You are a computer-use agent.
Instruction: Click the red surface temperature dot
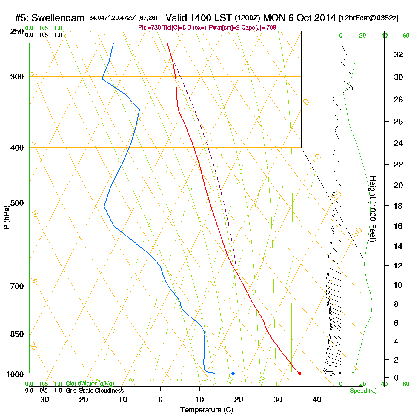point(299,373)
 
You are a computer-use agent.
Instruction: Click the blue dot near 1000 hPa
point(233,373)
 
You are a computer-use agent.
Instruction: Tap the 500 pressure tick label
point(17,203)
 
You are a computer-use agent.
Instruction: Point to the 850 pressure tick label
point(17,334)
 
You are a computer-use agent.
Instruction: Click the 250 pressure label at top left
point(17,32)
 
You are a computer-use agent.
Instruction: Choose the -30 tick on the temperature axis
point(43,399)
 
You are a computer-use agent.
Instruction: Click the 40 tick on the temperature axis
point(317,399)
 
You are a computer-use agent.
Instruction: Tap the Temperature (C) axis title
point(207,410)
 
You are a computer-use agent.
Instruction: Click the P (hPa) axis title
point(7,217)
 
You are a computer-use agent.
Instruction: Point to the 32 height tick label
point(398,55)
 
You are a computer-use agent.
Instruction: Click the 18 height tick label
point(398,206)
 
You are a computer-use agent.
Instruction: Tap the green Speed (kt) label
point(363,391)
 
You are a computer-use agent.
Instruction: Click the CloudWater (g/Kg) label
point(90,384)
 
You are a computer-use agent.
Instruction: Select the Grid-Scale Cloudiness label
point(95,391)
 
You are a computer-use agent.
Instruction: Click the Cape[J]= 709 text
point(262,28)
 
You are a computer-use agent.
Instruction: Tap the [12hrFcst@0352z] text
point(368,18)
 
